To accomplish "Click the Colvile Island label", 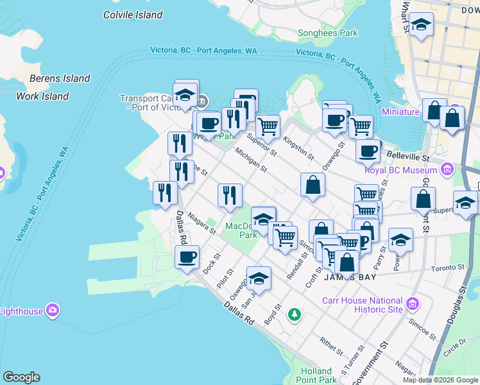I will [x=133, y=14].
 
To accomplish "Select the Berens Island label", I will [x=60, y=78].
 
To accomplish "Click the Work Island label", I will [x=42, y=96].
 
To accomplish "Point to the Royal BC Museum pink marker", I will [x=447, y=171].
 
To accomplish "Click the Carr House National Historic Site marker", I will [x=412, y=303].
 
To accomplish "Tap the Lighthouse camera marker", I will [x=53, y=311].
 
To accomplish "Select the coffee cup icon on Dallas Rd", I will [x=187, y=258].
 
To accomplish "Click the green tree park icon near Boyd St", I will [x=294, y=314].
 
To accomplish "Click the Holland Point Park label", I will [x=318, y=375].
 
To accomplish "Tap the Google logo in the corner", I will [x=21, y=377].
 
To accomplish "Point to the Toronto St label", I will [x=447, y=268].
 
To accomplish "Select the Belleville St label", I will [x=407, y=157].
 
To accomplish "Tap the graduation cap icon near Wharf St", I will [x=421, y=25].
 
